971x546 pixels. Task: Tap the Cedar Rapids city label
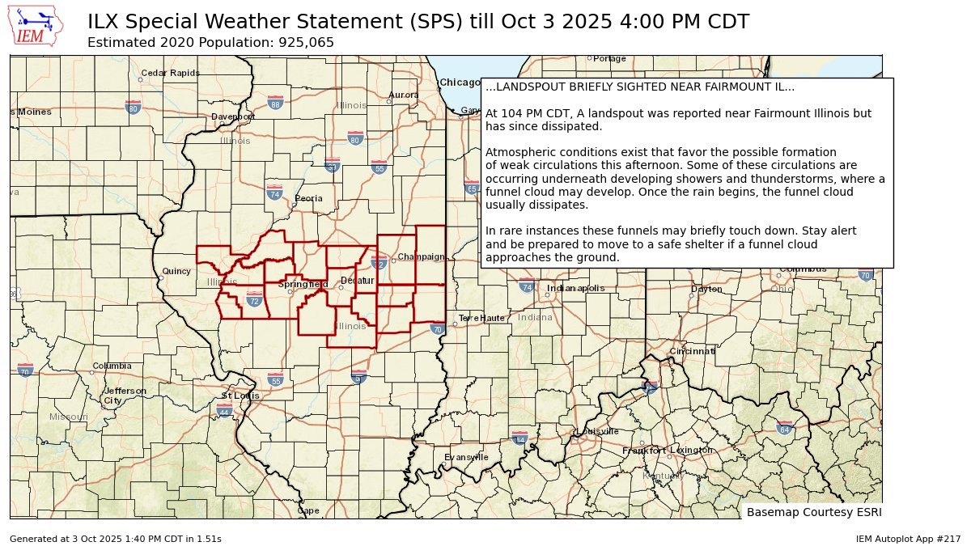(x=170, y=73)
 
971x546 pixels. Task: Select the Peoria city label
(x=308, y=198)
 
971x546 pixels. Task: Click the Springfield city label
(x=303, y=284)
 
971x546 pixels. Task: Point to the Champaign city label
(x=421, y=257)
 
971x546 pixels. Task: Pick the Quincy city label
(x=176, y=272)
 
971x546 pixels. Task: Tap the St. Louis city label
(x=240, y=396)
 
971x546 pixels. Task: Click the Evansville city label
(x=466, y=457)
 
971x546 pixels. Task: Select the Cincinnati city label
(x=692, y=352)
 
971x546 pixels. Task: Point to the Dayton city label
(x=706, y=289)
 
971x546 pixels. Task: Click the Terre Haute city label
(x=481, y=318)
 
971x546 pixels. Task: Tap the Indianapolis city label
(x=575, y=288)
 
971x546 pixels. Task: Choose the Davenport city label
(x=233, y=116)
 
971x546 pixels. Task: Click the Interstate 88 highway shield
(x=276, y=103)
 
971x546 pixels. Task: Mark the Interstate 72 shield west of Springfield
(x=254, y=300)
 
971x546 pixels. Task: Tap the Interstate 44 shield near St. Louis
(x=224, y=411)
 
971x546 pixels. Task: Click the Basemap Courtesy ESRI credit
(x=813, y=512)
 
